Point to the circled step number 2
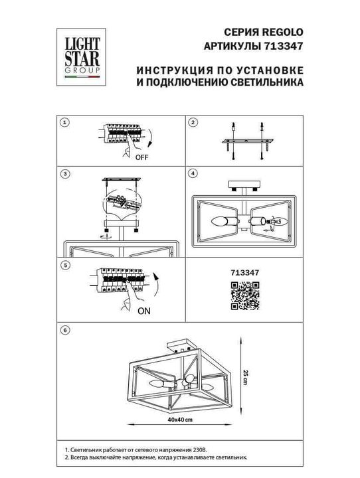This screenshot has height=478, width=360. tap(193, 123)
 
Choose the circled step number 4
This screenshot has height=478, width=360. tap(193, 174)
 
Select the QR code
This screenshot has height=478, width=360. tap(243, 295)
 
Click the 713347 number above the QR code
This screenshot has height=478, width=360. tap(244, 271)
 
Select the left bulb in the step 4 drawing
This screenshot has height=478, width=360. tap(225, 222)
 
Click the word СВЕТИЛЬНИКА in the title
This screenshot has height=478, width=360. tap(264, 83)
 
